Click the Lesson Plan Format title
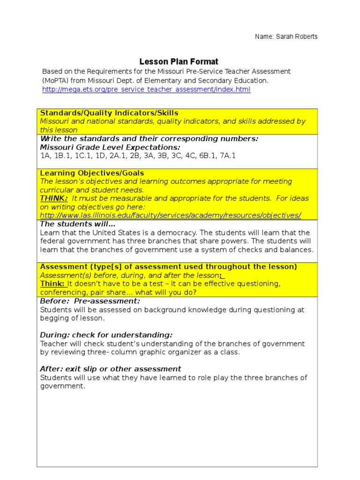[x=179, y=62]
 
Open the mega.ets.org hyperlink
[x=146, y=89]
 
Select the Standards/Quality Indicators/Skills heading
[x=109, y=113]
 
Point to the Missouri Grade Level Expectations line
[x=110, y=147]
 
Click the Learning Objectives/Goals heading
[x=92, y=173]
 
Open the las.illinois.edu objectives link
[x=171, y=215]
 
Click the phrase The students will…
[x=78, y=224]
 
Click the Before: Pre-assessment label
[x=90, y=301]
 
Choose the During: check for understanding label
[x=106, y=335]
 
